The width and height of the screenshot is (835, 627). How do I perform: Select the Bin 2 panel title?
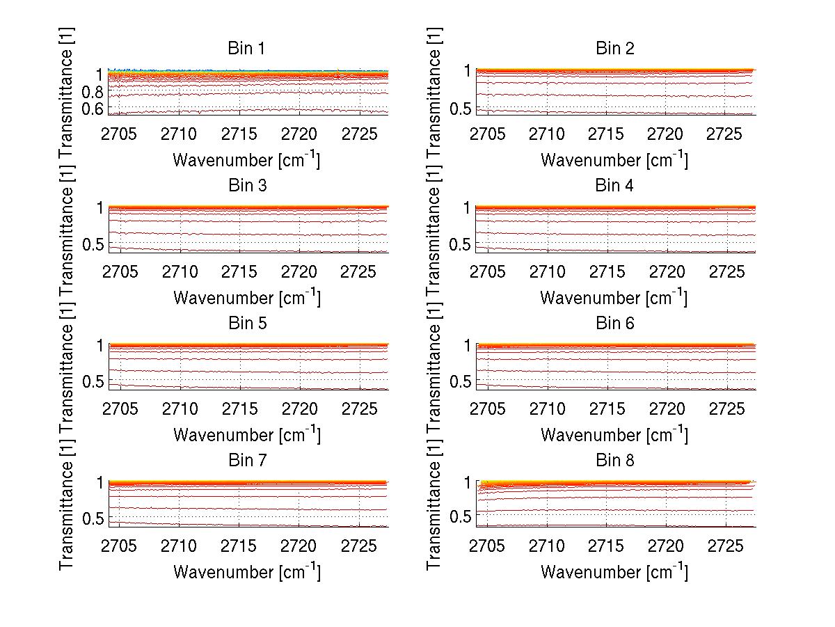(615, 49)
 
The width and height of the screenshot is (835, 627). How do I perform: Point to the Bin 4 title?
(615, 186)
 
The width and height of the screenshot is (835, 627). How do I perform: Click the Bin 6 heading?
(615, 324)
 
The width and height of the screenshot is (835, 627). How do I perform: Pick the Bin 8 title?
(615, 461)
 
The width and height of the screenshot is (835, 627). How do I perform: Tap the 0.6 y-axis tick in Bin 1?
(94, 109)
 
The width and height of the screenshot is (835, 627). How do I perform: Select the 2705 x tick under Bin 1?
(120, 134)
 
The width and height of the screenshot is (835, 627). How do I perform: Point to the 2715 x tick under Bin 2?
(607, 134)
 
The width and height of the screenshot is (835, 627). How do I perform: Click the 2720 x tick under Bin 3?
(300, 271)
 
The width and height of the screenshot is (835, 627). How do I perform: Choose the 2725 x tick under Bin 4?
(726, 271)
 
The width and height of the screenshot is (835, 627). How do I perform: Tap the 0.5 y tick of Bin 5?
(94, 381)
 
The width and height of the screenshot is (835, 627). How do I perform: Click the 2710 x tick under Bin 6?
(548, 408)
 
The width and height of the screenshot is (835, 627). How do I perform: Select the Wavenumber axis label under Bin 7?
(246, 572)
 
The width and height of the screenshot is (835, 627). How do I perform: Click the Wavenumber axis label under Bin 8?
(614, 572)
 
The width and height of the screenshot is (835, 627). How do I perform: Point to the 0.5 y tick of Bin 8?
(461, 516)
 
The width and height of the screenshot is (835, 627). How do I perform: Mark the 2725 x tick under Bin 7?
(360, 546)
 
